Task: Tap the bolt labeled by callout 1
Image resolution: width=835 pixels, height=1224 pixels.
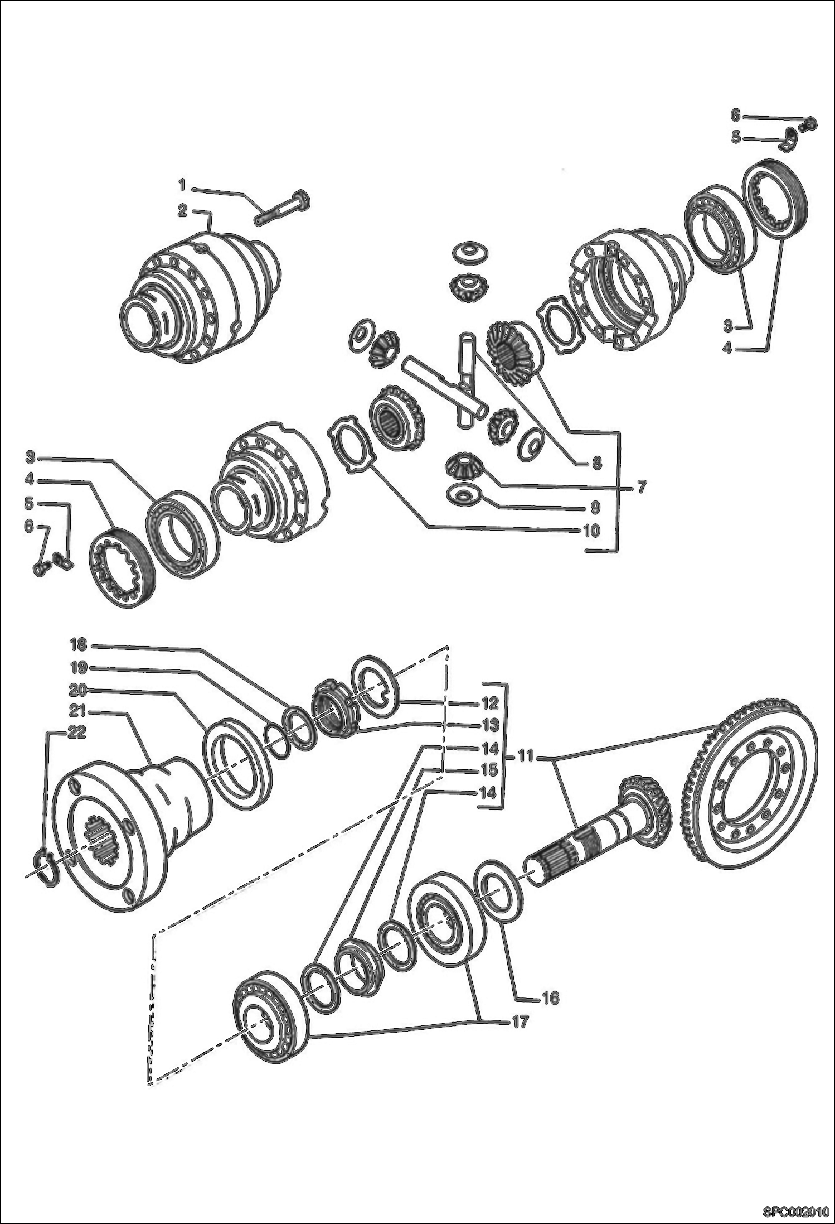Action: click(283, 206)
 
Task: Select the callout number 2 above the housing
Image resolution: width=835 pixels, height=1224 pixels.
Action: click(182, 211)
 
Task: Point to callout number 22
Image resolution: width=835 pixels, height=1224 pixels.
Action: click(77, 733)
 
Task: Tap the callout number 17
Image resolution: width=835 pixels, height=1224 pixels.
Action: click(520, 1022)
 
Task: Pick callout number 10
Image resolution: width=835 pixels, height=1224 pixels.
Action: click(591, 530)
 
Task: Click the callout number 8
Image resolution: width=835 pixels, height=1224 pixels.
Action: click(597, 462)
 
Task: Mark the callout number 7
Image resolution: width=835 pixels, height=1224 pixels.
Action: click(642, 487)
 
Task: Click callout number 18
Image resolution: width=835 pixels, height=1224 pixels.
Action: click(78, 645)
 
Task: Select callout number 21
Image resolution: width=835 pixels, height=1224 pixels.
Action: click(78, 711)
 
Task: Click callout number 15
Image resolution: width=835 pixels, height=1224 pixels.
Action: click(489, 770)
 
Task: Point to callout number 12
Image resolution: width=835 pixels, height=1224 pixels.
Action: click(489, 703)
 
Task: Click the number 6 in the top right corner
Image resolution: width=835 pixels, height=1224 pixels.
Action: click(735, 115)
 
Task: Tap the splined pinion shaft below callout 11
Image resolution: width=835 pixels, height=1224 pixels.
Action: click(596, 837)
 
